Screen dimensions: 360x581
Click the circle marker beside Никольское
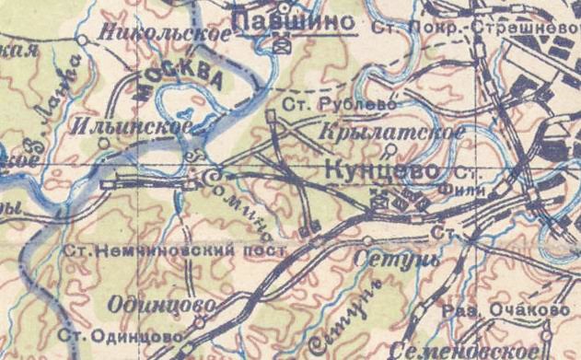(83, 40)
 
